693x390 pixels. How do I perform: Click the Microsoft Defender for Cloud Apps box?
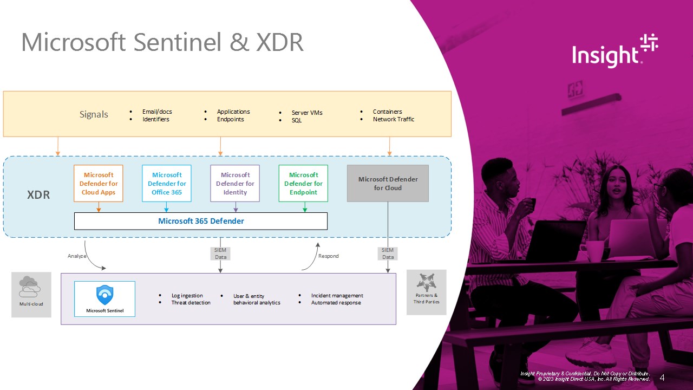pyautogui.click(x=99, y=184)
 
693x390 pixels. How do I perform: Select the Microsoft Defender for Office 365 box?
pyautogui.click(x=167, y=184)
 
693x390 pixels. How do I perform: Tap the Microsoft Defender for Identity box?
pyautogui.click(x=235, y=184)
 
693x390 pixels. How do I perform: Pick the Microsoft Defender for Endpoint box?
pyautogui.click(x=303, y=184)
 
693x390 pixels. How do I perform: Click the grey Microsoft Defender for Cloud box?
pyautogui.click(x=388, y=184)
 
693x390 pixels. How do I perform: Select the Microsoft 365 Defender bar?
pyautogui.click(x=201, y=221)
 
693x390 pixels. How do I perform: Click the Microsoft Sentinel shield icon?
pyautogui.click(x=104, y=295)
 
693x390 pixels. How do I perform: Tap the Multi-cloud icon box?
pyautogui.click(x=31, y=294)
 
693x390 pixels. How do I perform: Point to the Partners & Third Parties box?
pyautogui.click(x=427, y=292)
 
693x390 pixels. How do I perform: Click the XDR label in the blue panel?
pyautogui.click(x=38, y=195)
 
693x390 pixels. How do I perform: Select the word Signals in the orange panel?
pyautogui.click(x=94, y=114)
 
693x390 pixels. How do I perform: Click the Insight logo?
pyautogui.click(x=615, y=51)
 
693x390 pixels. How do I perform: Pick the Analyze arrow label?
pyautogui.click(x=76, y=256)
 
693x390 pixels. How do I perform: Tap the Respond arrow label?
pyautogui.click(x=328, y=256)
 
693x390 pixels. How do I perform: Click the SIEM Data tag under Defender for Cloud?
pyautogui.click(x=388, y=253)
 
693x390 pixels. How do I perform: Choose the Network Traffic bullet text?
pyautogui.click(x=394, y=119)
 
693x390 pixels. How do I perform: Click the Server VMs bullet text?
pyautogui.click(x=307, y=113)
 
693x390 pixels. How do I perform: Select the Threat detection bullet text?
pyautogui.click(x=191, y=303)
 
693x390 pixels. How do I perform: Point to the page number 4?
pyautogui.click(x=662, y=378)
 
